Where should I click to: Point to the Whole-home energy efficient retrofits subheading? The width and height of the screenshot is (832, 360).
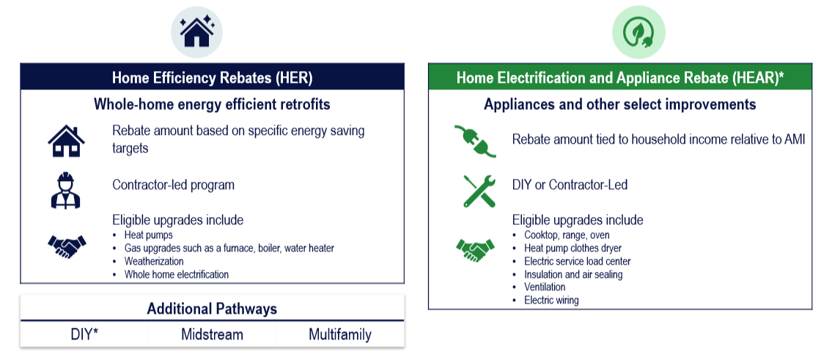click(x=212, y=104)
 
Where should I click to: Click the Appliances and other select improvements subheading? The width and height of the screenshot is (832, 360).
click(x=620, y=105)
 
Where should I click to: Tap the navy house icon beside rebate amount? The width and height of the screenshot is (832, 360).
click(x=66, y=140)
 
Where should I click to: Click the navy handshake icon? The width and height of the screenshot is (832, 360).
click(x=67, y=247)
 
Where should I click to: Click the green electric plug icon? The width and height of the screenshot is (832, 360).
click(x=475, y=140)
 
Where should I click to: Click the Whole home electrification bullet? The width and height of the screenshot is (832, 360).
click(x=176, y=274)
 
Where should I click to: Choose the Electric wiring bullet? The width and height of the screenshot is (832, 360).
click(x=551, y=300)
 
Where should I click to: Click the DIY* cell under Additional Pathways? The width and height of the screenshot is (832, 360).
click(x=84, y=335)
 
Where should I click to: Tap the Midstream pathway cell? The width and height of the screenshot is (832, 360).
click(x=212, y=335)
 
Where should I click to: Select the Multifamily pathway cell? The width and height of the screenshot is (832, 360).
click(x=340, y=335)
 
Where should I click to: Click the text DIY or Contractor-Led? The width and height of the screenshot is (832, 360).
click(x=570, y=185)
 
